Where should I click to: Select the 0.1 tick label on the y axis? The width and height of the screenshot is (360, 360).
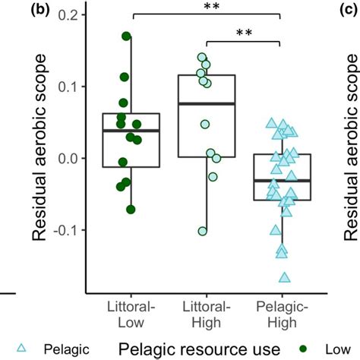[68, 87]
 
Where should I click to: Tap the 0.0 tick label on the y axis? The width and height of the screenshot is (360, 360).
[68, 158]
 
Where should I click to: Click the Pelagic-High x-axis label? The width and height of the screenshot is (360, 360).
[280, 315]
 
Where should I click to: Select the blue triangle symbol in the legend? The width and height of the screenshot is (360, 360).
[22, 349]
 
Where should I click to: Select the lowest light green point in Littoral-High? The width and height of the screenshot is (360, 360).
[202, 231]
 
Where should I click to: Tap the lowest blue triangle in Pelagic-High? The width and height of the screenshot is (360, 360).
[286, 277]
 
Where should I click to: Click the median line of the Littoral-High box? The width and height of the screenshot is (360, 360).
[205, 103]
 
